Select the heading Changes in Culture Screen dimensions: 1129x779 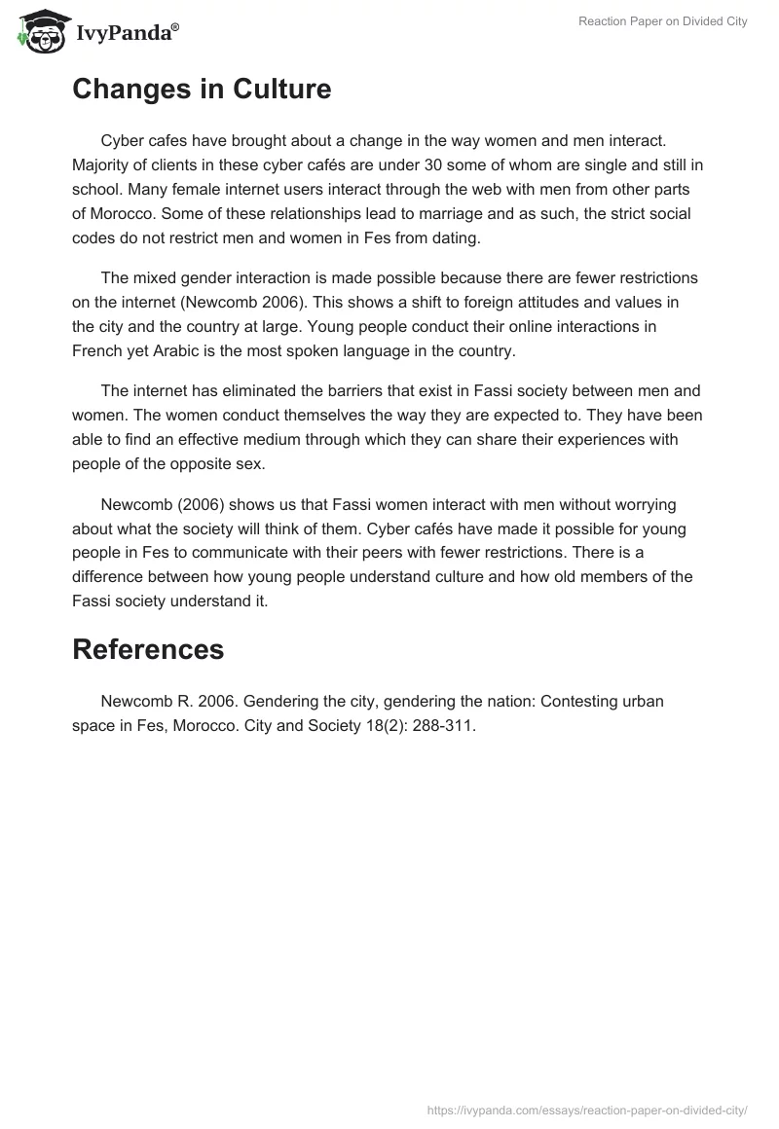click(x=202, y=90)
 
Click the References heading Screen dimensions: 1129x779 click(x=148, y=649)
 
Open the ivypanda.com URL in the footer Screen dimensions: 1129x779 click(x=587, y=1109)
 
